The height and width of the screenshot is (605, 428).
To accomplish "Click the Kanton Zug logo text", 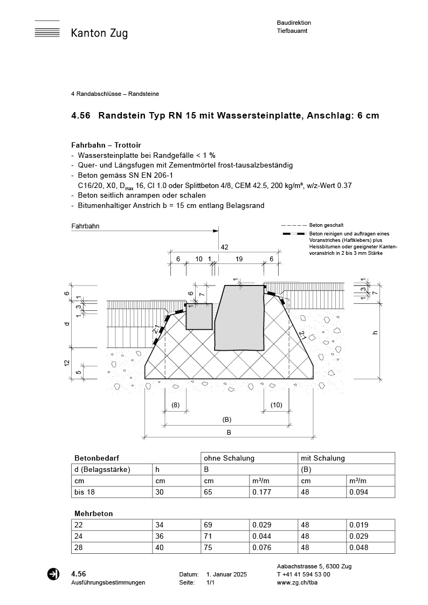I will pos(99,33).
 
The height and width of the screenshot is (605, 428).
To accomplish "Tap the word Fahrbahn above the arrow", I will pos(85,227).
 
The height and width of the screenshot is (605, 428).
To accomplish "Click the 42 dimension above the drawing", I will pos(225,247).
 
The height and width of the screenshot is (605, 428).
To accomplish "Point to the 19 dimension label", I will pos(239,259).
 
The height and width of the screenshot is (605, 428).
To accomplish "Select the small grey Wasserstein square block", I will pos(199,316).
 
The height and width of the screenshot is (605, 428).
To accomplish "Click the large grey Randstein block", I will pos(240,318).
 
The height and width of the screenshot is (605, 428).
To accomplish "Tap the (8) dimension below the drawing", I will pos(175,405).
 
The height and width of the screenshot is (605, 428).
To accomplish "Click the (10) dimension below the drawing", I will pos(276,405).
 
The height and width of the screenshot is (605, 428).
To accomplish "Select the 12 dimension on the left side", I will pos(67,364).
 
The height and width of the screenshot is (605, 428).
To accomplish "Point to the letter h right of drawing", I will pos(375,332).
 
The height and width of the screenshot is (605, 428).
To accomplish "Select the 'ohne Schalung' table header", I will pos(229,458).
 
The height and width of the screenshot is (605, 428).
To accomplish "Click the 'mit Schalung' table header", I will pos(323,458).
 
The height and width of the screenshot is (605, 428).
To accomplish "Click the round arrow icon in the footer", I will pos(53,574).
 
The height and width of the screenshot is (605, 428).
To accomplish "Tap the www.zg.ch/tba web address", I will pos(295,582).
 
